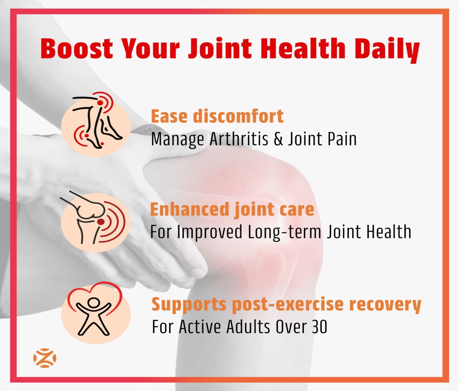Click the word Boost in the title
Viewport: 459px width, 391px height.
point(77,48)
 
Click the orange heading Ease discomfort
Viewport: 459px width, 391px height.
point(217,116)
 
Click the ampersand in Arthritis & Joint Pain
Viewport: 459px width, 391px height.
point(278,139)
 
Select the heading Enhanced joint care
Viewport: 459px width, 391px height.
point(232,210)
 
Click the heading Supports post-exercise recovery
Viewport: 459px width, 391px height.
point(286,304)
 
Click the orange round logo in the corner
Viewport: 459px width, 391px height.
point(44,358)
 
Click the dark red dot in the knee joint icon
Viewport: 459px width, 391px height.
point(101,222)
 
